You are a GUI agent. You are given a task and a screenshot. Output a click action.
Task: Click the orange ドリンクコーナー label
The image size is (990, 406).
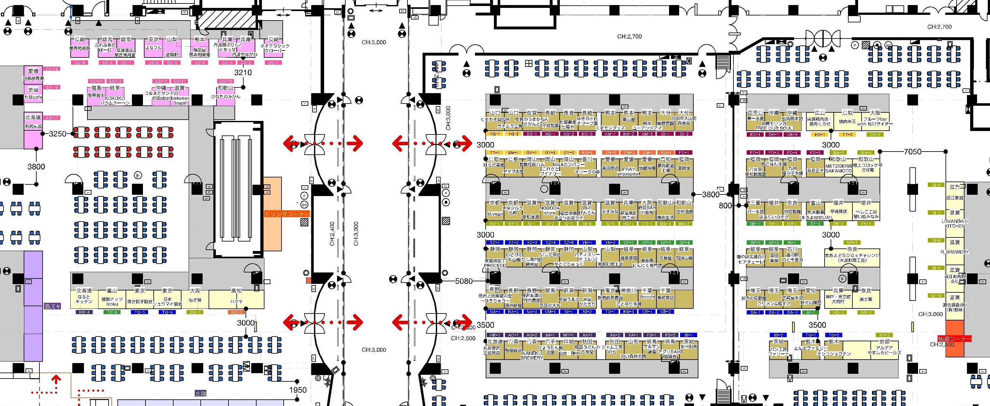(x=287, y=214)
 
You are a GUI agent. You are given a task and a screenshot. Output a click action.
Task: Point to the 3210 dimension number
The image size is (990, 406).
(x=243, y=73)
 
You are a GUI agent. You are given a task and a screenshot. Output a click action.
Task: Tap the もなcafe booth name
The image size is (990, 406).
(x=33, y=97)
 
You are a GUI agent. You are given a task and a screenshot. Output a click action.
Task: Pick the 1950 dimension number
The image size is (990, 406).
(x=298, y=390)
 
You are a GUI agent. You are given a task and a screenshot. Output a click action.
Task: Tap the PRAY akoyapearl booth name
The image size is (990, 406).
(x=628, y=171)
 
